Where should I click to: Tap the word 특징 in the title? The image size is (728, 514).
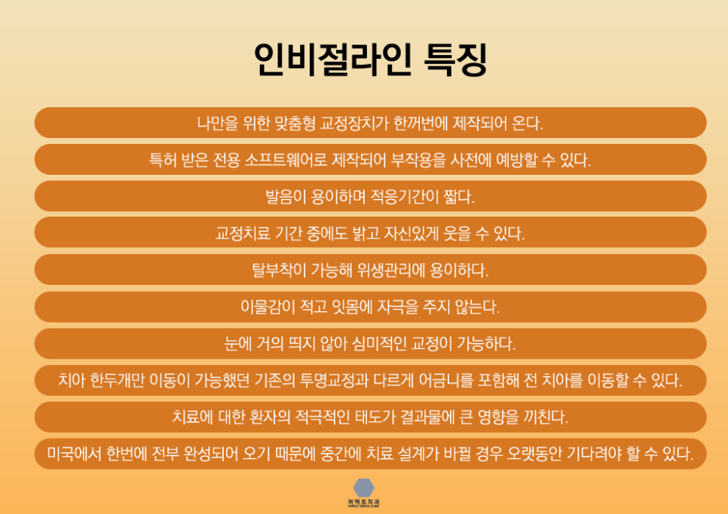click(x=456, y=60)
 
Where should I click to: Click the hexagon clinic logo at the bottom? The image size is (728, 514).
click(x=363, y=488)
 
